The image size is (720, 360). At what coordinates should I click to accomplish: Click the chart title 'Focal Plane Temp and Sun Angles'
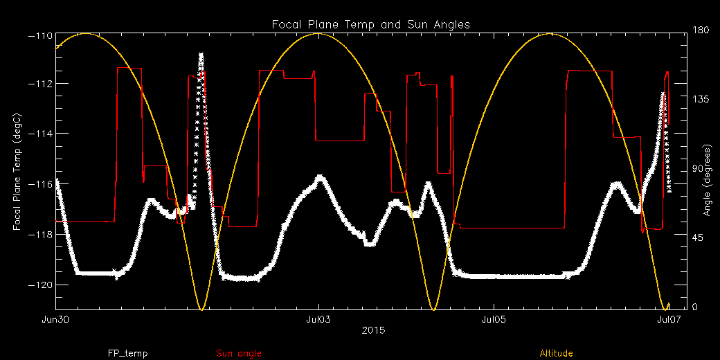(370, 24)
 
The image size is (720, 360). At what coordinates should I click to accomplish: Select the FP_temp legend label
(127, 354)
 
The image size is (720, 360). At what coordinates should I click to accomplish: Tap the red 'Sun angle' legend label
(239, 354)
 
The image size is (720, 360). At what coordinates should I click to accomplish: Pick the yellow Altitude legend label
(556, 354)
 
